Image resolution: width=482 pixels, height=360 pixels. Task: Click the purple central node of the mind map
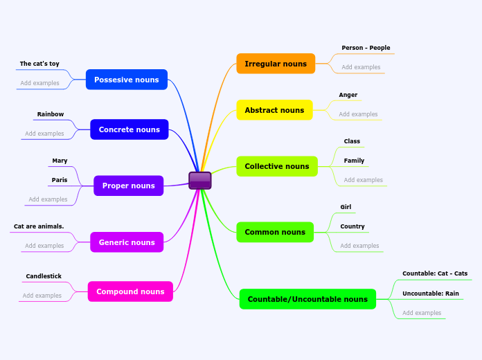point(200,181)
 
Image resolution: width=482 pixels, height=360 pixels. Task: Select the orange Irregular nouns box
point(276,64)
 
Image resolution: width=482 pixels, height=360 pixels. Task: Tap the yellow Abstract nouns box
point(274,110)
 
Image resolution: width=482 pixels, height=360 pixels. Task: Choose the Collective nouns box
point(277,166)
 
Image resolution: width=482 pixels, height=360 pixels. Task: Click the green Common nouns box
point(275,232)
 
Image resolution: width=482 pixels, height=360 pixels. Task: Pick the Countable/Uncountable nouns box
point(307,299)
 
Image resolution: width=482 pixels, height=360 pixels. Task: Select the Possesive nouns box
point(127,80)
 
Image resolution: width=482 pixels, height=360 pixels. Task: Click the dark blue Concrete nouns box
point(130,129)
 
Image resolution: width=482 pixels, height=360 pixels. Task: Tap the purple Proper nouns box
point(129,186)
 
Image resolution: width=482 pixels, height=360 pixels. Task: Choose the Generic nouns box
point(127,242)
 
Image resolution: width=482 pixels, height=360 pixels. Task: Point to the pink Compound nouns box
point(130,291)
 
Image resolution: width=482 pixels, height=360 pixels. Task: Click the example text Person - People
point(366,48)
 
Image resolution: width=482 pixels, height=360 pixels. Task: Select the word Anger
point(348,95)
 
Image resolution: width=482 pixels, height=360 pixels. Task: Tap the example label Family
point(354,161)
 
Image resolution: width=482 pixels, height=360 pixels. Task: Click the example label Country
point(352,226)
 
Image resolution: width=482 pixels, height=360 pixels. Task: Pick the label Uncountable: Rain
point(431,294)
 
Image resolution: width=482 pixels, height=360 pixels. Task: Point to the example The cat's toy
point(39,64)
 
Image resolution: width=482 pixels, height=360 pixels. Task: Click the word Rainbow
point(51,114)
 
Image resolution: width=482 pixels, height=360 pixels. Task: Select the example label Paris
point(60,180)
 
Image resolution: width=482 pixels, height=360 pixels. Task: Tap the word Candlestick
point(44,276)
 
